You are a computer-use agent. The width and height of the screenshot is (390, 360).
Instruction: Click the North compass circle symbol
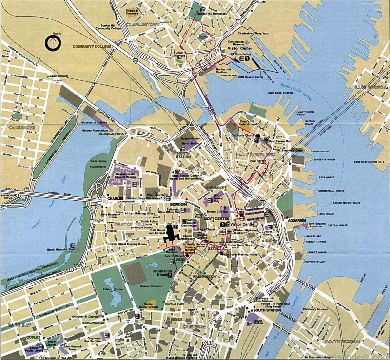[51, 43]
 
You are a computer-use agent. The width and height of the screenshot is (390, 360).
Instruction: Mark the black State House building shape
[172, 234]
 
